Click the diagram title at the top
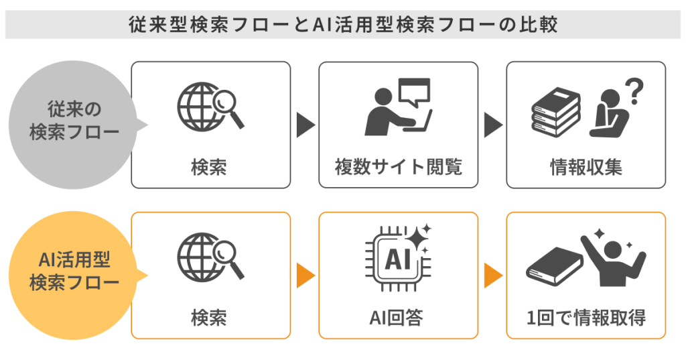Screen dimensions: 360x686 tap(342, 24)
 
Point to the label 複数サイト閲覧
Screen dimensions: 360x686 tap(399, 167)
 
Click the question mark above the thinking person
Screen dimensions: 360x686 tap(634, 89)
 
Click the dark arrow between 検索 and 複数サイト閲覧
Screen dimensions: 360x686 tap(305, 125)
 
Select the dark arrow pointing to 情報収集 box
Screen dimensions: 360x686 tap(492, 125)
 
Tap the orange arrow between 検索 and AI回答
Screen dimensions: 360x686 tap(305, 275)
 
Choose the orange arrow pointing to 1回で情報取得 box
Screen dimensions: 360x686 tap(492, 275)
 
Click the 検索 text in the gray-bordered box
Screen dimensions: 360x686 tap(210, 167)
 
